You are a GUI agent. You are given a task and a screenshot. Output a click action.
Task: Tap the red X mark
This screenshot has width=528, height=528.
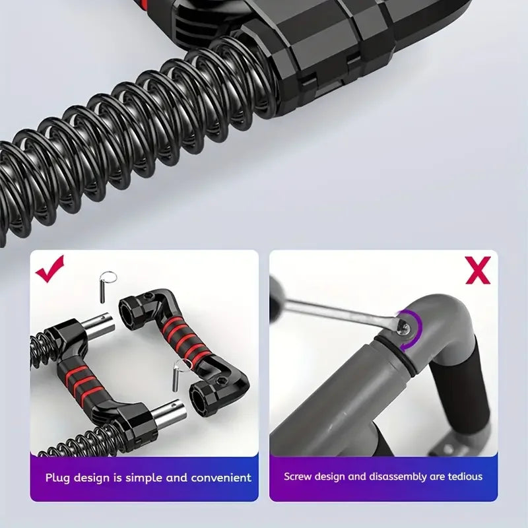[x=478, y=270]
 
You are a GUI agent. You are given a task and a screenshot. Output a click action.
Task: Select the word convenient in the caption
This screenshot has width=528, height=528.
[x=221, y=478]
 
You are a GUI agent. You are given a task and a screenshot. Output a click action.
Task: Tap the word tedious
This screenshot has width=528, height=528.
[x=465, y=477]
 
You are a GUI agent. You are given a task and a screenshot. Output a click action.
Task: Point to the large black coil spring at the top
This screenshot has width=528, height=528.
[x=135, y=141]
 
